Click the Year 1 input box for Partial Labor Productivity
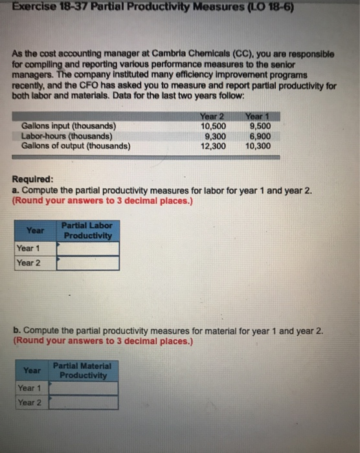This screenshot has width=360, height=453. coord(87,249)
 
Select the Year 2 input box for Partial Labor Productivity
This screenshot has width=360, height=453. coord(87,263)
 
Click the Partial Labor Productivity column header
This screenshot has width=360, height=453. coord(87,230)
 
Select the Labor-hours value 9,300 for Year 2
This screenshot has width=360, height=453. coord(214,137)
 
